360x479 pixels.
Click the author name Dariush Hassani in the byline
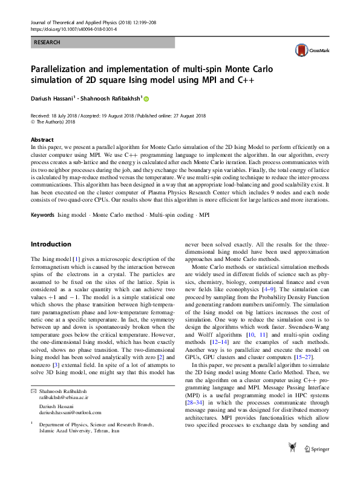click(53, 99)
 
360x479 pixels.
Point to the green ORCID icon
click(146, 99)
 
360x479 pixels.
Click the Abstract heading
click(42, 139)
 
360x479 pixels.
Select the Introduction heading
click(51, 244)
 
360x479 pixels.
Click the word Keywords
click(44, 215)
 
